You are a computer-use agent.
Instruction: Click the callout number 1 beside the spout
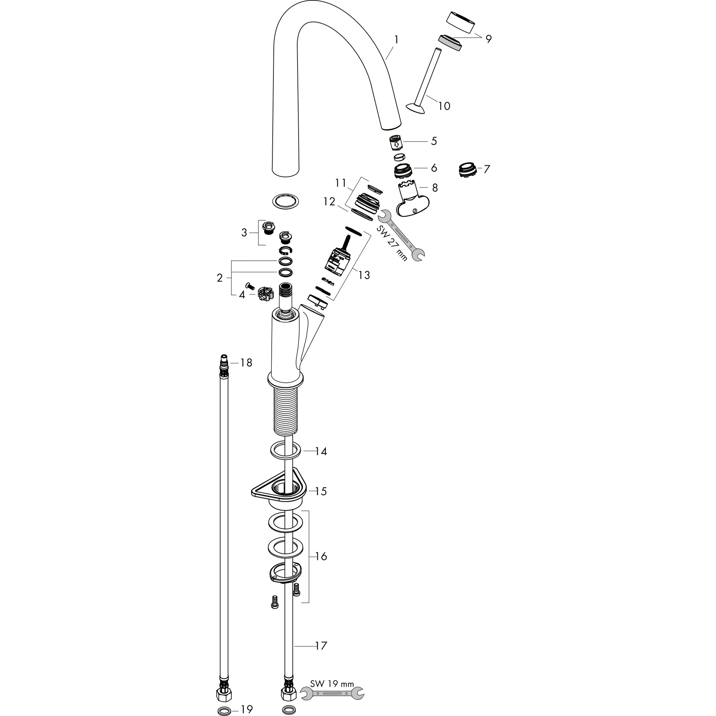point(396,39)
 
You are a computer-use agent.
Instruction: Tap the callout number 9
point(488,39)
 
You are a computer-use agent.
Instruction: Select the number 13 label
point(364,275)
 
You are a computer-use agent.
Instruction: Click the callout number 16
point(321,556)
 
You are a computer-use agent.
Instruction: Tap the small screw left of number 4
point(249,285)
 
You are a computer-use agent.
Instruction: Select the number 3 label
point(244,233)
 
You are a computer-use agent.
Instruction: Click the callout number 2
point(220,278)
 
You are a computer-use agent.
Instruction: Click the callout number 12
point(329,202)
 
